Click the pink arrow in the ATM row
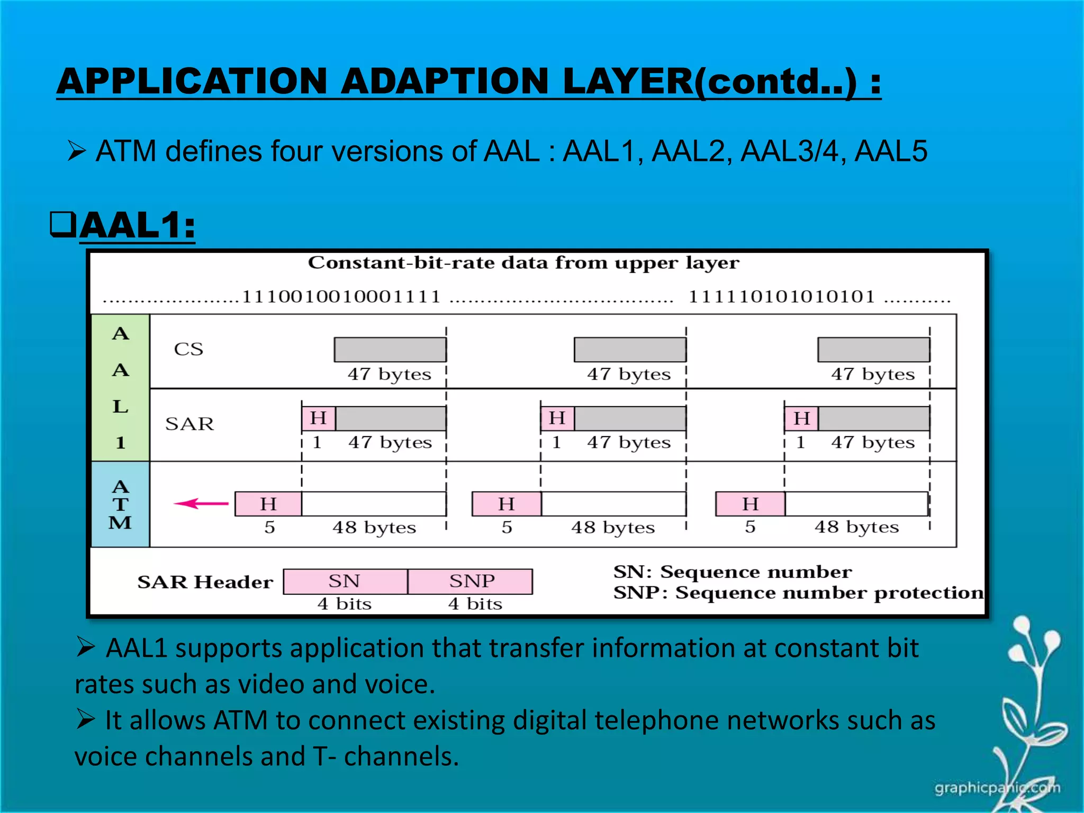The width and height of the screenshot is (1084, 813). click(x=201, y=503)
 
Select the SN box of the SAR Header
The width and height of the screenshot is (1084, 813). click(x=345, y=581)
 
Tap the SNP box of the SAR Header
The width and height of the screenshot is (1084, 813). click(x=471, y=581)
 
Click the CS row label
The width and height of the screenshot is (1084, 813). click(x=188, y=349)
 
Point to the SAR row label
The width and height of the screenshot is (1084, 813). click(x=189, y=424)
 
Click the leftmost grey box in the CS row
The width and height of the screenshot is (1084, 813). click(x=390, y=349)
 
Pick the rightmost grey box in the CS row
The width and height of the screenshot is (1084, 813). click(x=873, y=349)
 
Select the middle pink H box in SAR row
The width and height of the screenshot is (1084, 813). click(x=557, y=418)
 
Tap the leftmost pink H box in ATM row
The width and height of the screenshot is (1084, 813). click(x=268, y=503)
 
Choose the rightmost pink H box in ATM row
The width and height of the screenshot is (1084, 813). click(x=750, y=503)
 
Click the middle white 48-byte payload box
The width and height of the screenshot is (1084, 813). click(x=613, y=503)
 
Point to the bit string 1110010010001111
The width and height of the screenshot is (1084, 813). click(x=341, y=297)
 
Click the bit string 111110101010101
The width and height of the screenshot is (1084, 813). click(x=781, y=297)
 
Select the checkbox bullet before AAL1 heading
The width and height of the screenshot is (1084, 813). click(x=63, y=224)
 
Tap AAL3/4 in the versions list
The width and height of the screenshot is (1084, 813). click(x=789, y=151)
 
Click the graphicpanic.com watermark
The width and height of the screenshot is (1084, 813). click(x=997, y=788)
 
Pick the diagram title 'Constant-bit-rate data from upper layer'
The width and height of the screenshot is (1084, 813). click(x=523, y=263)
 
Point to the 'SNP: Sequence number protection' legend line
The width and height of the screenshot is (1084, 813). click(x=798, y=593)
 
